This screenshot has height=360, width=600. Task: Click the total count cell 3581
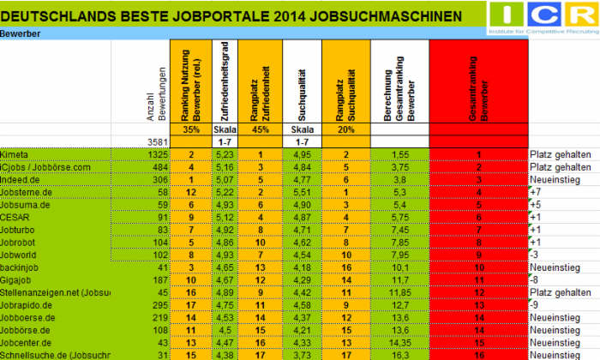154,141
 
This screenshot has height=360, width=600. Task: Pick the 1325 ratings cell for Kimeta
154,153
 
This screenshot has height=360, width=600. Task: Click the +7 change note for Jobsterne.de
537,192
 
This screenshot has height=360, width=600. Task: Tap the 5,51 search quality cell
300,192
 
